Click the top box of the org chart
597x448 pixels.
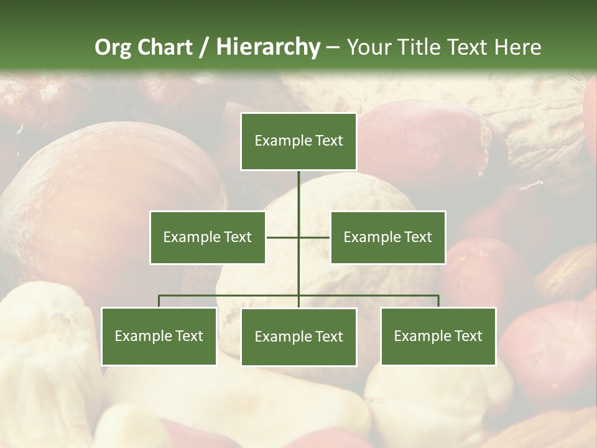point(298,141)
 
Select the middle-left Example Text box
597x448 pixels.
point(207,237)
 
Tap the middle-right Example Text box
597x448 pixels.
point(387,237)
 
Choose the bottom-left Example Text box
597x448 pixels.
point(159,336)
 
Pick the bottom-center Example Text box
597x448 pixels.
point(298,337)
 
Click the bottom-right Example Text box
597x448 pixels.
point(438,336)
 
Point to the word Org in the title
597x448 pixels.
point(113,47)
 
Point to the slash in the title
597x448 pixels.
point(204,47)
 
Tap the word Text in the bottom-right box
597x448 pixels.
point(468,336)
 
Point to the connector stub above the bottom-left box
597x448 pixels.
point(159,301)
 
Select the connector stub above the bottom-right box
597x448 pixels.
point(438,301)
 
